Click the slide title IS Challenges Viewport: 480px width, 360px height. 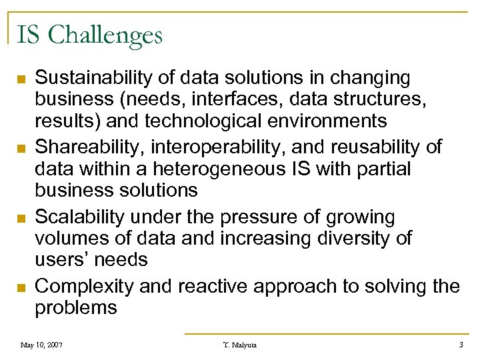point(89,34)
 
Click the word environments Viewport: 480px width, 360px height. point(339,121)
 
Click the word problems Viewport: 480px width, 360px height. point(75,307)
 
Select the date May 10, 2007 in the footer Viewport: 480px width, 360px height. point(42,345)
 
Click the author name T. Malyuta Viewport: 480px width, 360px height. point(239,345)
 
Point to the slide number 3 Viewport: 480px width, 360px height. point(461,345)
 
